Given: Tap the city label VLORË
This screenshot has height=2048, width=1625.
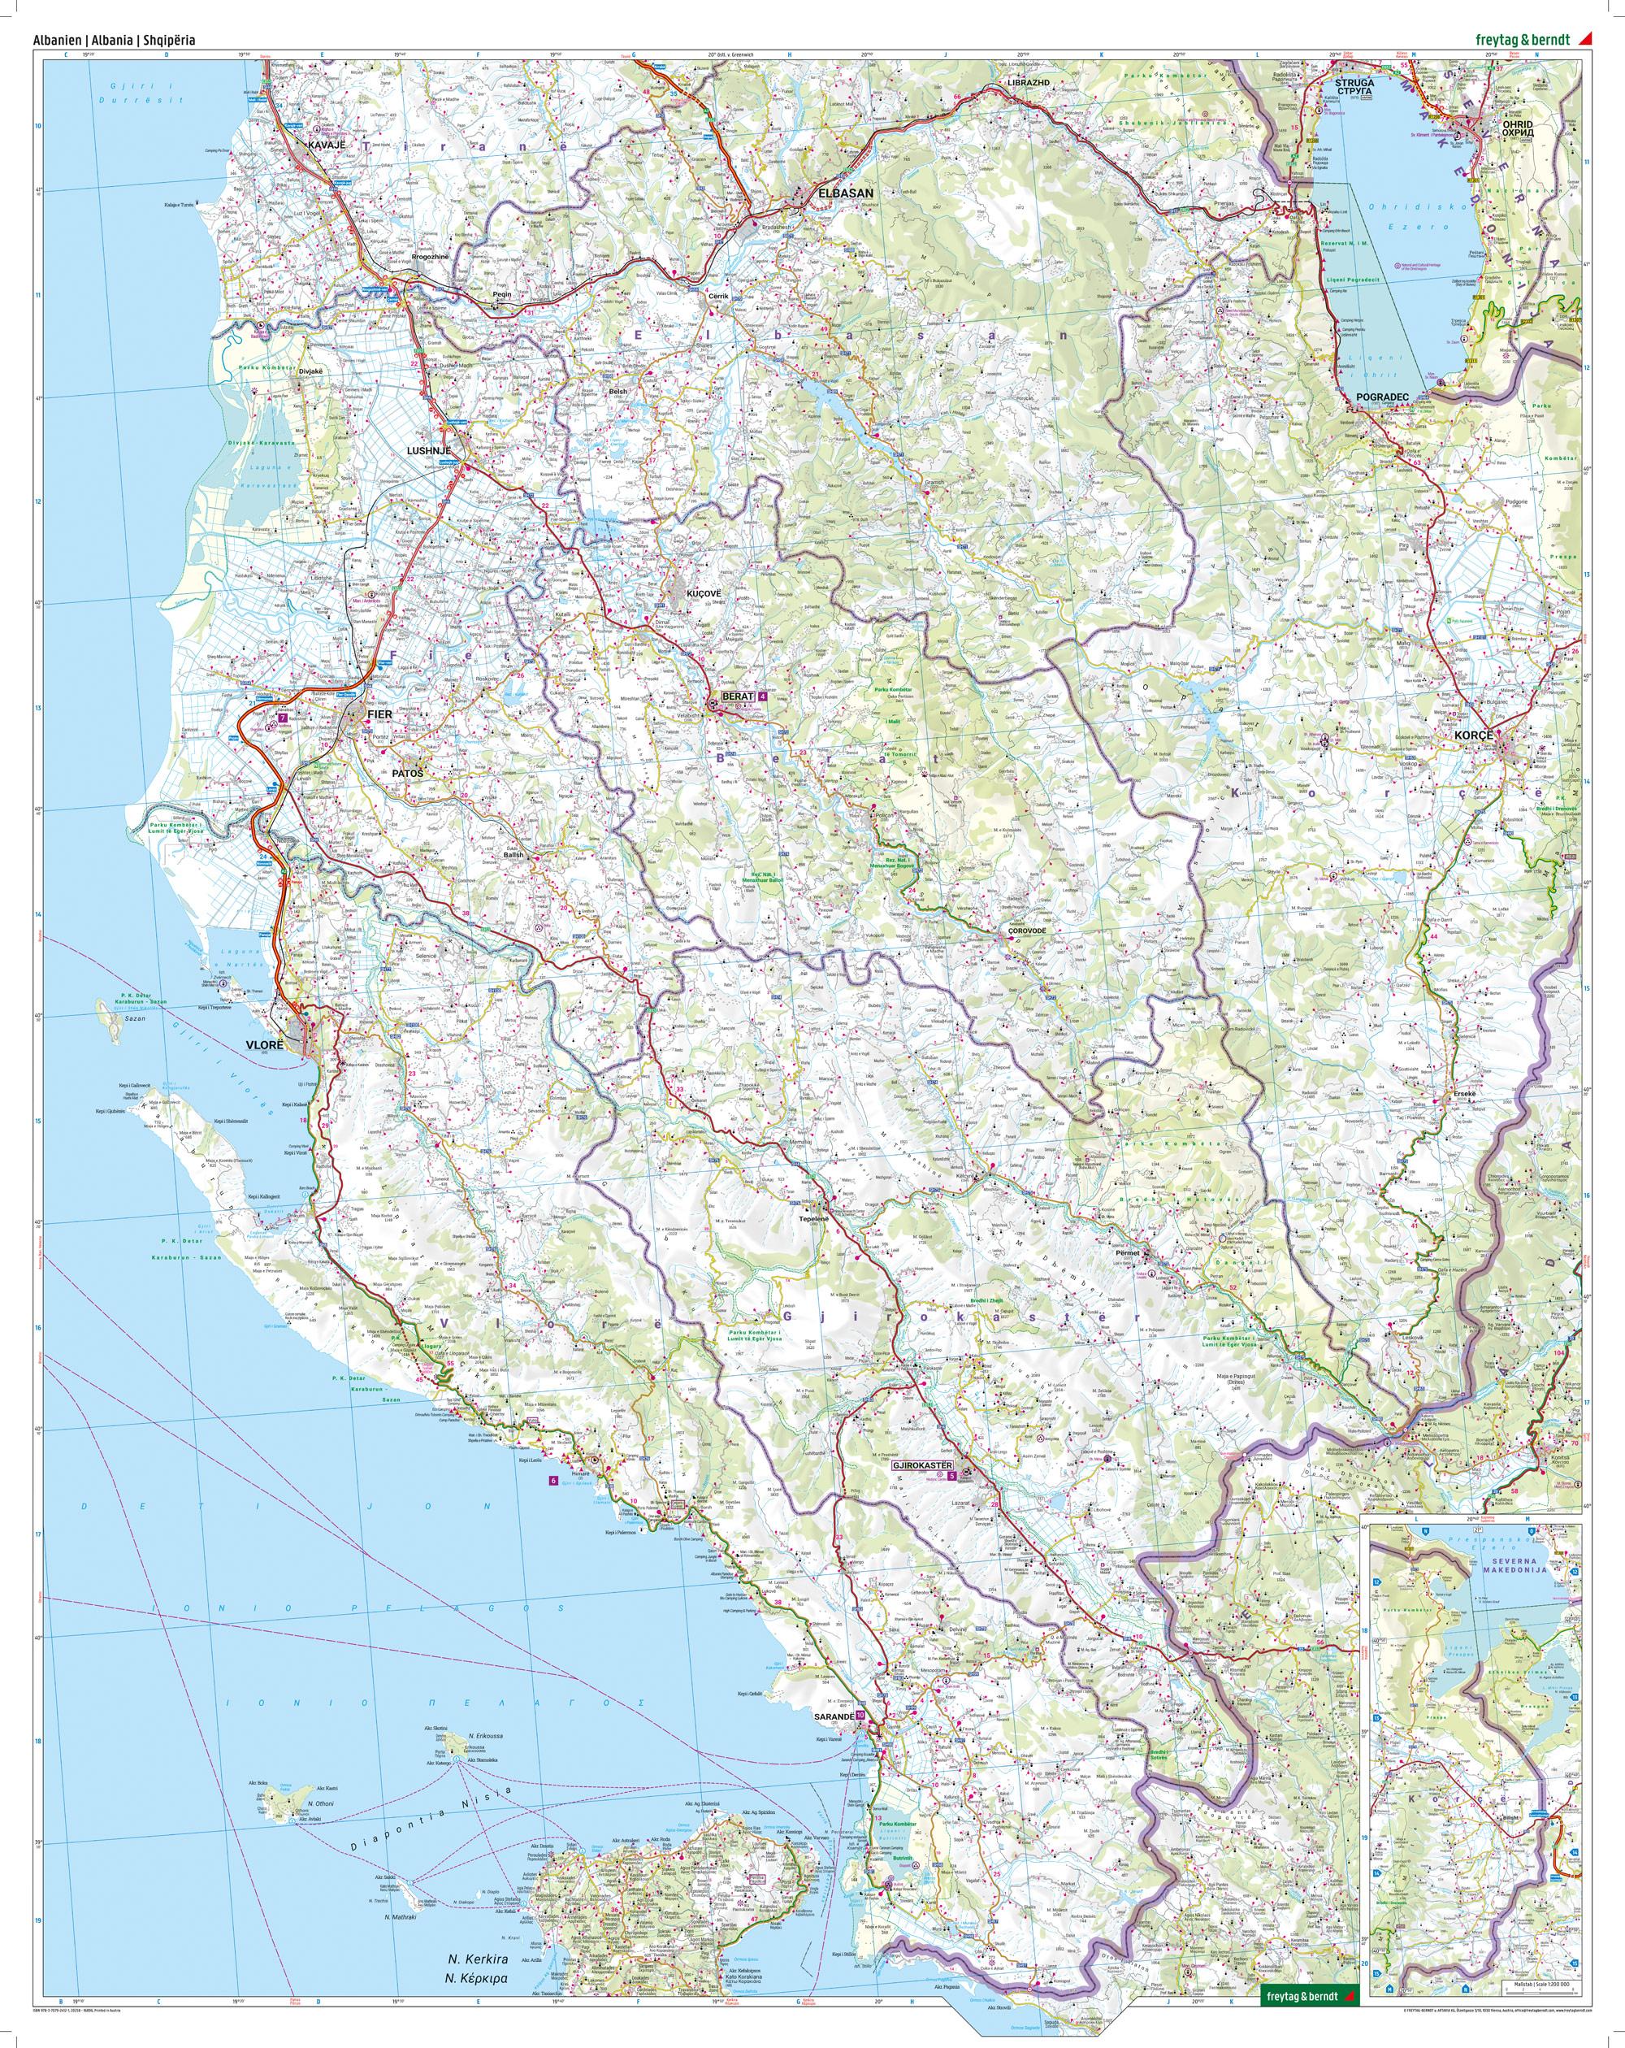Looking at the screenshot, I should (265, 1042).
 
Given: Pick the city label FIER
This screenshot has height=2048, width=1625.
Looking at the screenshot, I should (378, 714).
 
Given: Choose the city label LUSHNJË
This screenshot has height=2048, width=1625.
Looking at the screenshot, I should (427, 451).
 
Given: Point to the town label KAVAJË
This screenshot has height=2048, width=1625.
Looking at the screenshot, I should (323, 145).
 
